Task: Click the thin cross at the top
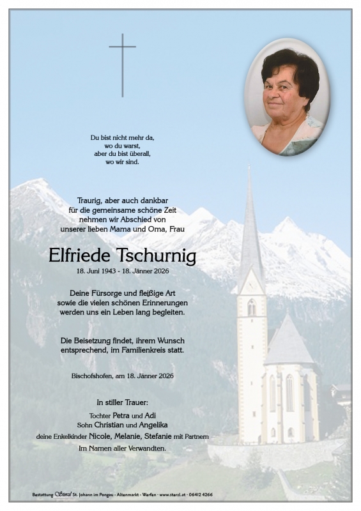(122, 64)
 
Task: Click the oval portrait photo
(288, 97)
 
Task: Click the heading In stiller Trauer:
(122, 402)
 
